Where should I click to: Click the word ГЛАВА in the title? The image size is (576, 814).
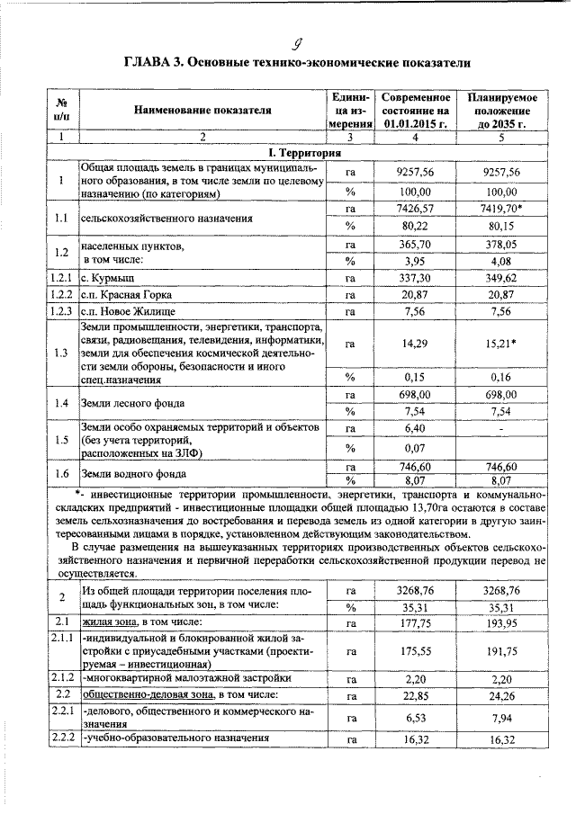(x=150, y=62)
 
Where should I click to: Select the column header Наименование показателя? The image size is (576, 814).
(x=202, y=110)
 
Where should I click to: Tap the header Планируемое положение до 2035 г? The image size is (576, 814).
(x=501, y=110)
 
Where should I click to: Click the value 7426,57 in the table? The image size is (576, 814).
(x=415, y=209)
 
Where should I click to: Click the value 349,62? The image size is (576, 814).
(x=501, y=278)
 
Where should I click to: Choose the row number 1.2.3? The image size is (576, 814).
(x=60, y=312)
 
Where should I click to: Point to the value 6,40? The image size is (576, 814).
(x=415, y=428)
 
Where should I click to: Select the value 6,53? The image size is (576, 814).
(x=415, y=717)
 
